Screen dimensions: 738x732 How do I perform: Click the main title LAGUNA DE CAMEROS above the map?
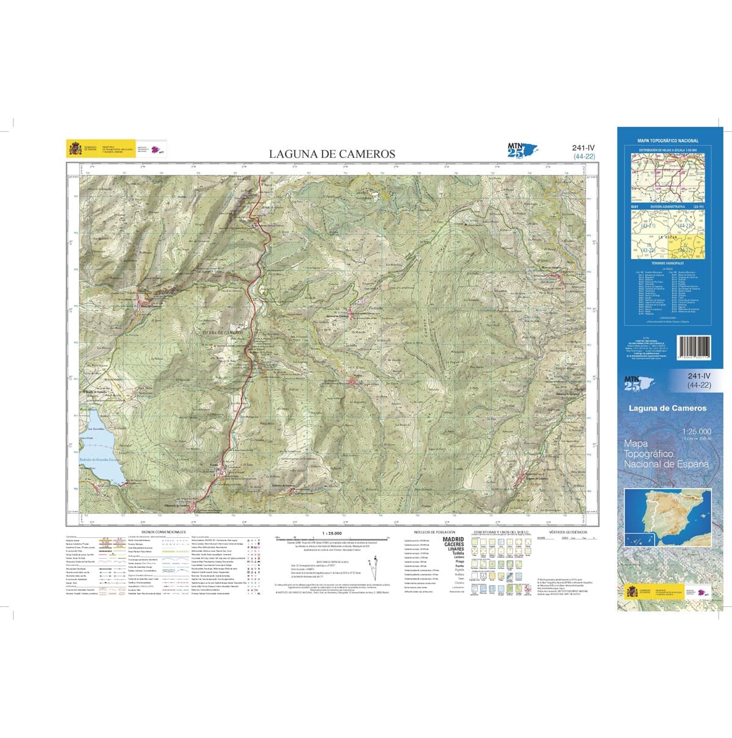coord(332,154)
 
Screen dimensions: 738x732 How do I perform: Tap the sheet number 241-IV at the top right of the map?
coord(584,148)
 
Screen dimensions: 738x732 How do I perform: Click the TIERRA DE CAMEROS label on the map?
coord(223,332)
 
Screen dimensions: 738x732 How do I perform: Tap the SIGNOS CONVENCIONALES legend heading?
coord(163,532)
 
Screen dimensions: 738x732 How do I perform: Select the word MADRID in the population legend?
coord(453,539)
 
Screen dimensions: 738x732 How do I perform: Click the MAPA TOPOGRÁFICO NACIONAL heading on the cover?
coord(668,141)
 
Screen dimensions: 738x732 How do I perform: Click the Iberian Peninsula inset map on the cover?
coord(669,516)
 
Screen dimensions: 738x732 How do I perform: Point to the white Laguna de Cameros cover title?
coord(668,408)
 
